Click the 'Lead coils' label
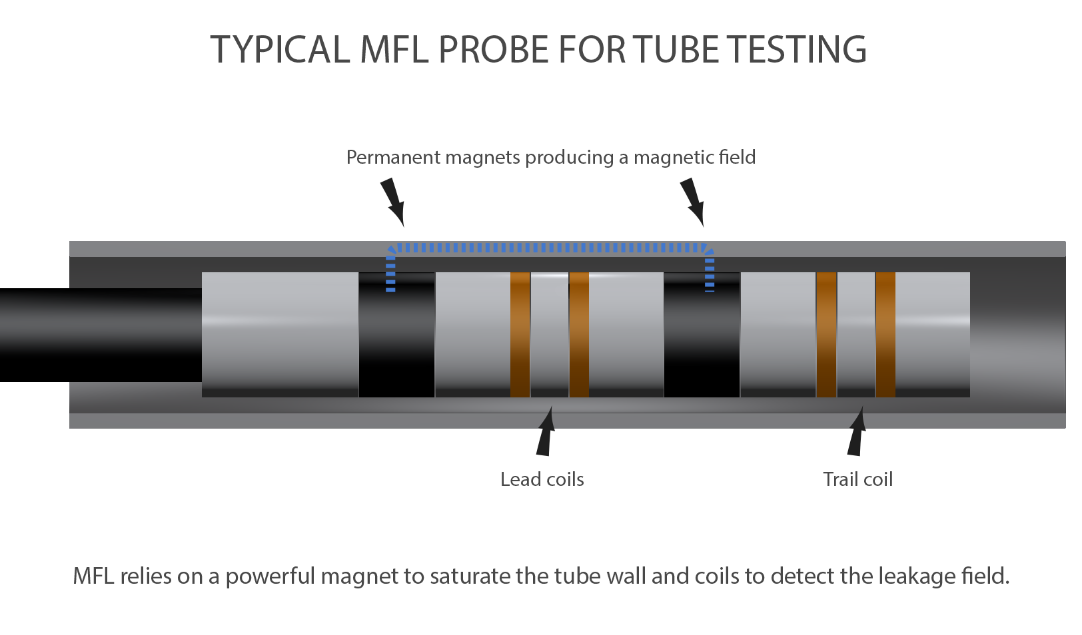(542, 480)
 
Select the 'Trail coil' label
(857, 480)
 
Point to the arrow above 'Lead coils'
(546, 433)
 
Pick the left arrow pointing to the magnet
(392, 201)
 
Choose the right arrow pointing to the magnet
(692, 201)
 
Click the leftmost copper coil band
(520, 335)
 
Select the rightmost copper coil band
(885, 335)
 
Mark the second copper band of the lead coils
(579, 335)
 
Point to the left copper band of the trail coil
(826, 335)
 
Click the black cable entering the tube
(100, 335)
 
